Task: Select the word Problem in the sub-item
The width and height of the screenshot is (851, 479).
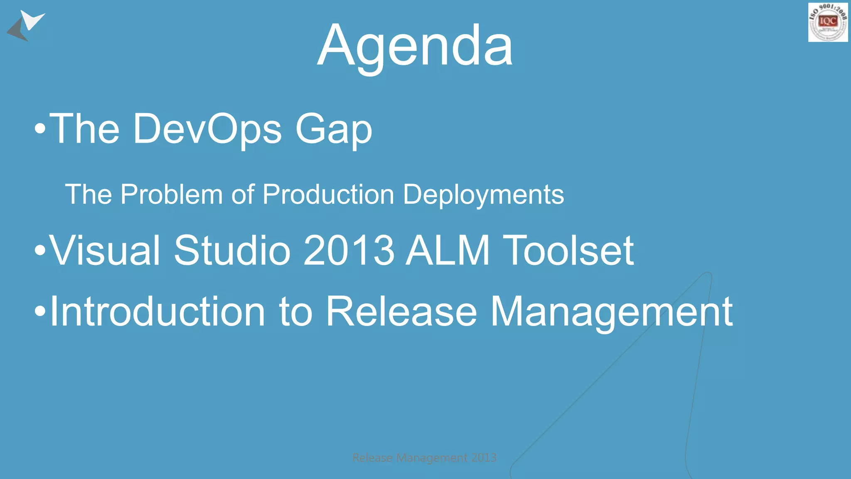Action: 172,195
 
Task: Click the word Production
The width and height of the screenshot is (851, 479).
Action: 328,195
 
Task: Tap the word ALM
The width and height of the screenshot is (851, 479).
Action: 448,250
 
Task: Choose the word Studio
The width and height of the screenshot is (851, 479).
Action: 232,250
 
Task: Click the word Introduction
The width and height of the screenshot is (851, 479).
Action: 157,312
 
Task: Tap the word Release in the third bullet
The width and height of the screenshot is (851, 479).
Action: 401,312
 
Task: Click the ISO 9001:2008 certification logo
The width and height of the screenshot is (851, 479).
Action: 828,22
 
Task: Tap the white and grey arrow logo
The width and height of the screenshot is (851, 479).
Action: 26,25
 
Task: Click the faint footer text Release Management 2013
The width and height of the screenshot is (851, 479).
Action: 424,458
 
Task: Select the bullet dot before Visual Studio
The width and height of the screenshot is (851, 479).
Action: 40,251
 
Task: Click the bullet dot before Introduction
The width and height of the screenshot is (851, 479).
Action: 40,312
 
